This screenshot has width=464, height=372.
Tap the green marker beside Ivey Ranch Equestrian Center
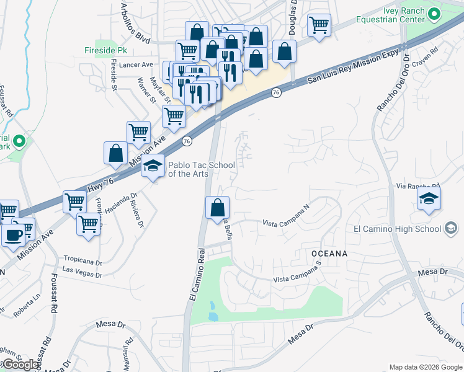pos(434,13)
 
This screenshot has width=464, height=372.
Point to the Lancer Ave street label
pos(138,64)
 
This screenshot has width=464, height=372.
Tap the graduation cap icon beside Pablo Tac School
pos(152,166)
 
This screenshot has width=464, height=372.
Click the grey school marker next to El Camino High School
pos(451,229)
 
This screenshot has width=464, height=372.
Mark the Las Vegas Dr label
pos(82,272)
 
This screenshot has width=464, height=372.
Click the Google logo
pos(20,365)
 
